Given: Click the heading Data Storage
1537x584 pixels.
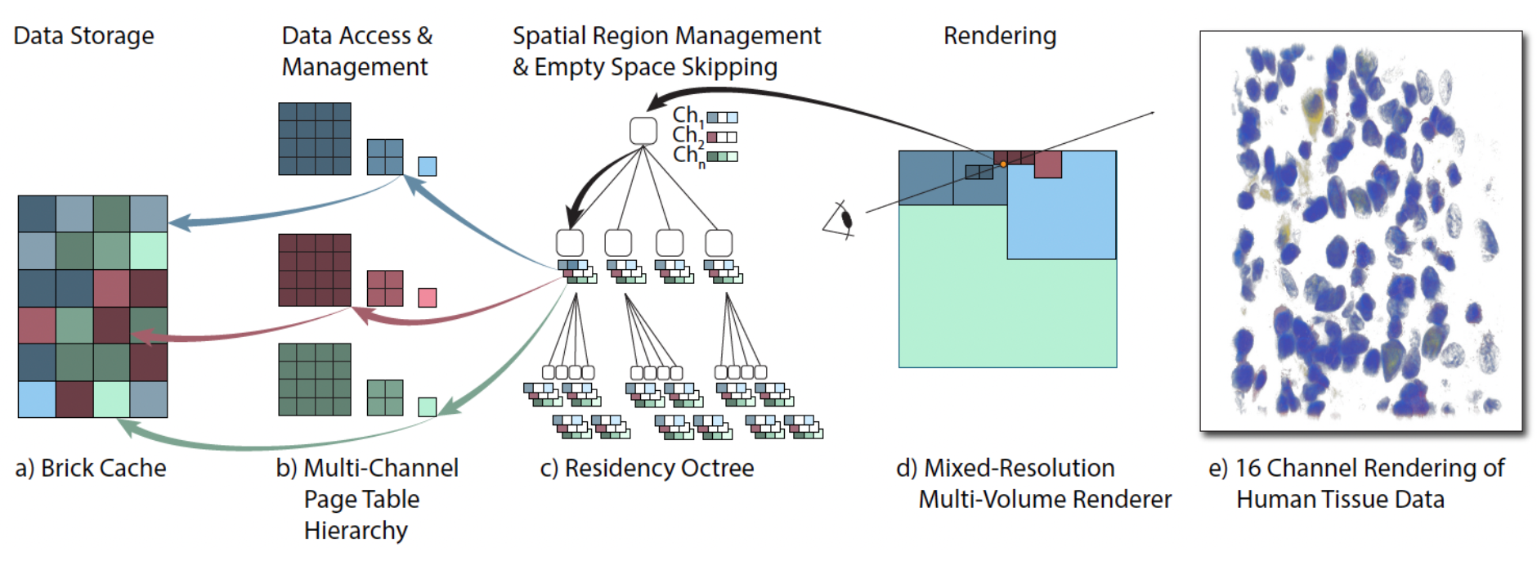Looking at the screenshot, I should click(83, 36).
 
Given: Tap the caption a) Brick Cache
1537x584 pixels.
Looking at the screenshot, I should click(91, 468).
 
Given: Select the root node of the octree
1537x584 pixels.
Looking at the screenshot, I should click(643, 131).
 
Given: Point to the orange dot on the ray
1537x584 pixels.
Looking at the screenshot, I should click(1003, 164).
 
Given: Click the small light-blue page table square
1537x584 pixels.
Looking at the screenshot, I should click(427, 166).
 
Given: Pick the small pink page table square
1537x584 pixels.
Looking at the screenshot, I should click(427, 298).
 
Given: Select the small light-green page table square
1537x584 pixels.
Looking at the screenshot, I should click(427, 407).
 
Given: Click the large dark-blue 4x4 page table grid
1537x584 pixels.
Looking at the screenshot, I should click(315, 138).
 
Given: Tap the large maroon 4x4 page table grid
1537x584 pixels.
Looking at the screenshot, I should click(315, 270).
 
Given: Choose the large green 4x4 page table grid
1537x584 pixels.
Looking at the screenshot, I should click(315, 380).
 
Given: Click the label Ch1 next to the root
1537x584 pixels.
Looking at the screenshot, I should click(687, 115).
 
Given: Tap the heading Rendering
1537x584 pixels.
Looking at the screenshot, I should click(999, 36).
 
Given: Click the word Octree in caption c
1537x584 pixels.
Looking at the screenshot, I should click(716, 468).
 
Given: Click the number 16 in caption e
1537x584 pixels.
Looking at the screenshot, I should click(1248, 468).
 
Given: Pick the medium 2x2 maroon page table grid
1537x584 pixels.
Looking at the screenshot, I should click(385, 288).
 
